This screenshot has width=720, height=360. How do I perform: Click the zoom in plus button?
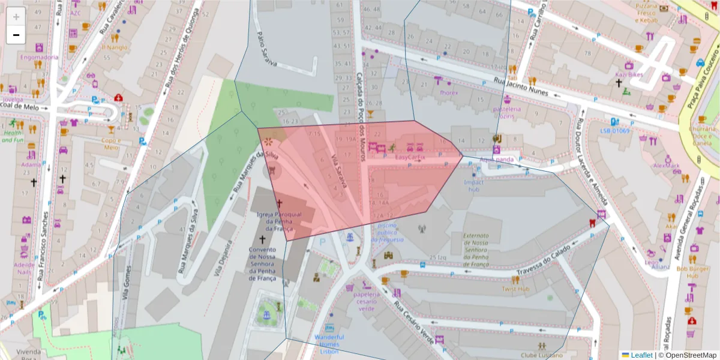pos(16,17)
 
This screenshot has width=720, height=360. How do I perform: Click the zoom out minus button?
pos(16,35)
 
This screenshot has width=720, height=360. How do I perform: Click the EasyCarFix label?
pos(410,157)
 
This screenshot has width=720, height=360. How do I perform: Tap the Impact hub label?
pos(474,185)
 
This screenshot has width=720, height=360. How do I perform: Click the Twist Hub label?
pos(515,289)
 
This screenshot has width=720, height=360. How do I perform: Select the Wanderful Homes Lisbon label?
pos(329,344)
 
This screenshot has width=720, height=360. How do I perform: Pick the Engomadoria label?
pos(39,58)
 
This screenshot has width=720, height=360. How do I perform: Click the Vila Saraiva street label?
pos(339,173)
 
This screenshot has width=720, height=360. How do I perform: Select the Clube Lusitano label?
pos(542,354)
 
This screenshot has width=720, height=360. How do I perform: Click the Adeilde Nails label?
pos(25,268)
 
